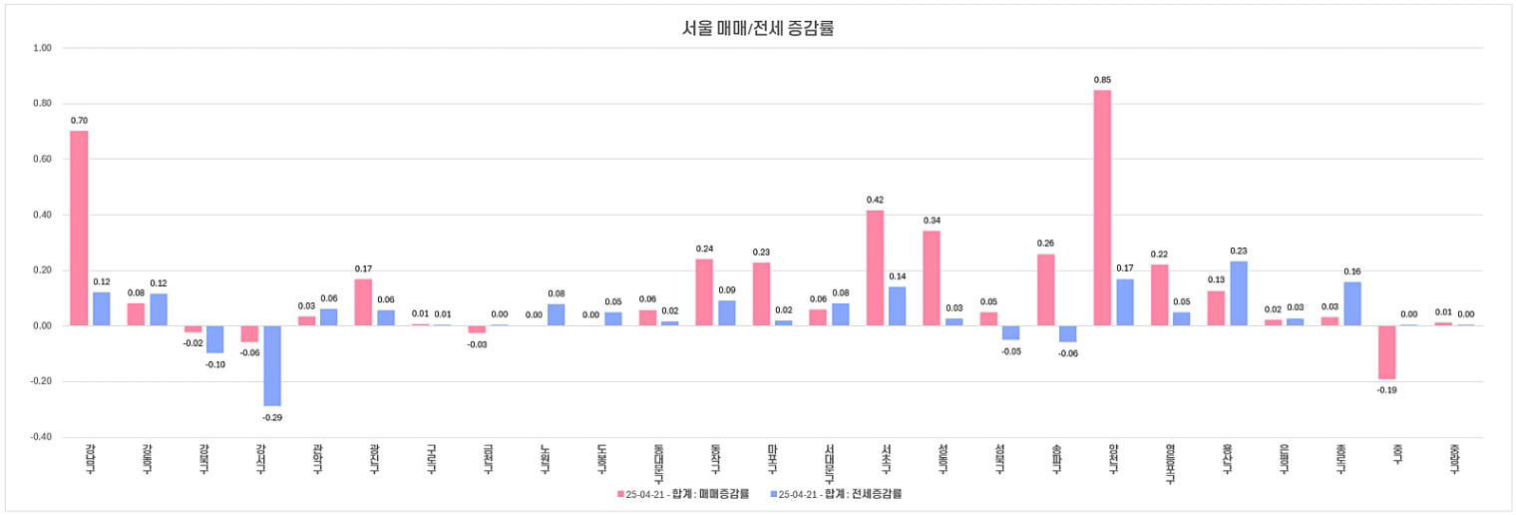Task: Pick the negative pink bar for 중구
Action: [x=1386, y=352]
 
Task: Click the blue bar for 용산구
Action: [x=1239, y=293]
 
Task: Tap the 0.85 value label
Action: [x=1102, y=80]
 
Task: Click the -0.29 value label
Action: [x=272, y=417]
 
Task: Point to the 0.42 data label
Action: [x=875, y=200]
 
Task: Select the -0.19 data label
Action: [x=1386, y=390]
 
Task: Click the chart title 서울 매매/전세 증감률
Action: [x=758, y=28]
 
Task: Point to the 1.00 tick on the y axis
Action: [x=42, y=47]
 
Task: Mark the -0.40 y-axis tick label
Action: [x=40, y=437]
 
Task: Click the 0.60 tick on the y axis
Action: [x=42, y=159]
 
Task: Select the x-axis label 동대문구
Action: [x=646, y=464]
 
